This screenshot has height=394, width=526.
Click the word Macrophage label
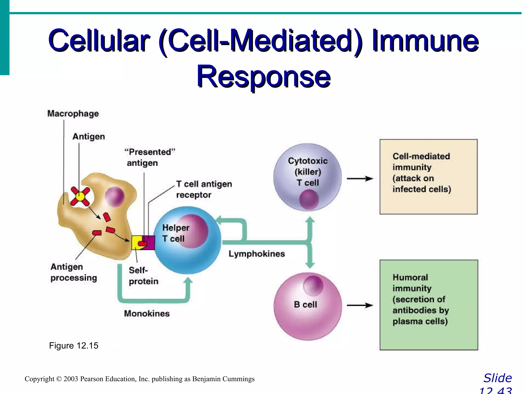tap(73, 113)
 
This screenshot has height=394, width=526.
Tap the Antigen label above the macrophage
tap(89, 136)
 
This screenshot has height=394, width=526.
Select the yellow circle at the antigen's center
tap(80, 197)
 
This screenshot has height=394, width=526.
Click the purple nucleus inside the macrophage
tap(115, 196)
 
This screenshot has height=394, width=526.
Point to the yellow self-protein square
tap(136, 242)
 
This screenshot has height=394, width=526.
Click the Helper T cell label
tap(176, 233)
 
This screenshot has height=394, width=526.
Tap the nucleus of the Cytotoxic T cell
tap(309, 200)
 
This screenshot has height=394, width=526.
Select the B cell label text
tap(305, 304)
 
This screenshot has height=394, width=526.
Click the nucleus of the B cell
tap(313, 285)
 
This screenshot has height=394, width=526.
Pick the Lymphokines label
tap(257, 254)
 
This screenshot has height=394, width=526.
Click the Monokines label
tap(147, 313)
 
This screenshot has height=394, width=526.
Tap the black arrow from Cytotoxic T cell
tap(360, 179)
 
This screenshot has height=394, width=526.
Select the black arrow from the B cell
tap(360, 305)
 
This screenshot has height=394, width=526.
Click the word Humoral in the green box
tap(410, 277)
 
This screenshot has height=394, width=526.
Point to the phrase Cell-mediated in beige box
tap(421, 156)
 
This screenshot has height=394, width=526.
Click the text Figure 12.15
tap(74, 346)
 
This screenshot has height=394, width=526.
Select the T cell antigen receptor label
tap(204, 189)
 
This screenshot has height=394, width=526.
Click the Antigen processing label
tap(74, 272)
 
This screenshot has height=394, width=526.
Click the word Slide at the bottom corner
tap(497, 378)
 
